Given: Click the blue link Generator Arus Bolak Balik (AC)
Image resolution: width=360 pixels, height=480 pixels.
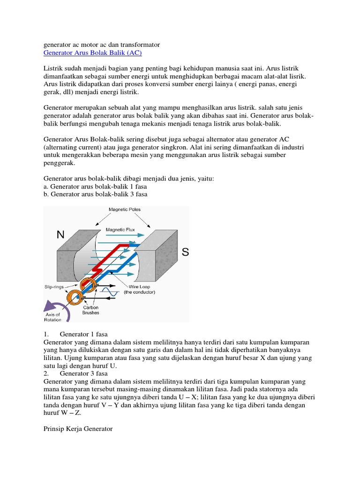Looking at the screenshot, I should tap(92, 53).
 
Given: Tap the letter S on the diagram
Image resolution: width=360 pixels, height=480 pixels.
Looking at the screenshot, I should tap(185, 253).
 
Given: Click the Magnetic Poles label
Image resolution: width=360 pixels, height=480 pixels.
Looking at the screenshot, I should tap(124, 210).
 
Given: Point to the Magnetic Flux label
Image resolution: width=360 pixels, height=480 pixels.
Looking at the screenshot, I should tap(121, 230).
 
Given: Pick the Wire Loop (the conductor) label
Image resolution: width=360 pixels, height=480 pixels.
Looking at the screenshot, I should tap(139, 288).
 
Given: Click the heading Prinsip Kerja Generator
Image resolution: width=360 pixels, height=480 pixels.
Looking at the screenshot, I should tap(78, 428).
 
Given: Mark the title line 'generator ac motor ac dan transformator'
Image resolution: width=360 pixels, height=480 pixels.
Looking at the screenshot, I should tap(102, 45).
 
